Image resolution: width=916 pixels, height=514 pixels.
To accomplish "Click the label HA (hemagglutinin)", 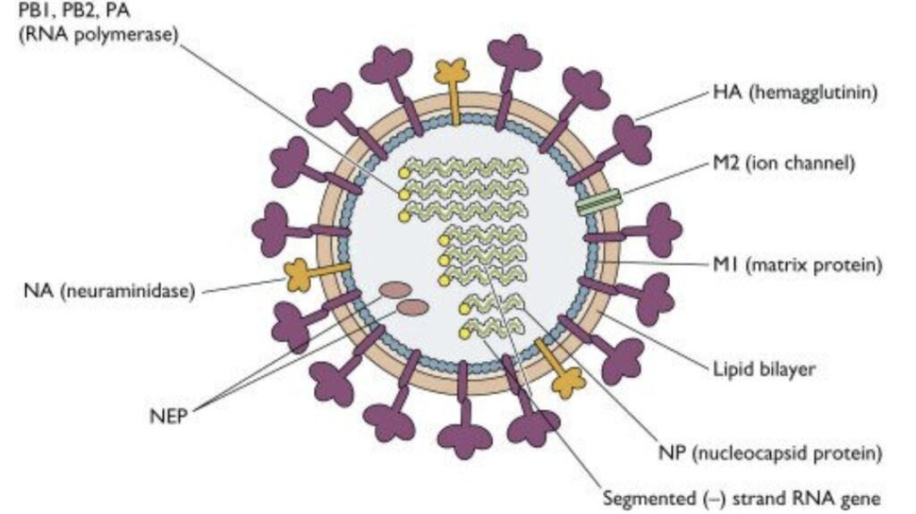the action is pyautogui.click(x=795, y=92).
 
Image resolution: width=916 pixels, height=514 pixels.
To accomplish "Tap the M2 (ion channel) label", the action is pyautogui.click(x=784, y=163).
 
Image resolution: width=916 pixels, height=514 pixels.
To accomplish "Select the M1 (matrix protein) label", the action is pyautogui.click(x=797, y=265).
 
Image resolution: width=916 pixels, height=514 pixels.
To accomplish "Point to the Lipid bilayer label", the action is pyautogui.click(x=764, y=369).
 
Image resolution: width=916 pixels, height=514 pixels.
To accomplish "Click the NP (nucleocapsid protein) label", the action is pyautogui.click(x=770, y=452).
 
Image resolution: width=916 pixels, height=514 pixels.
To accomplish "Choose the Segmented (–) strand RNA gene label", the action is pyautogui.click(x=742, y=499).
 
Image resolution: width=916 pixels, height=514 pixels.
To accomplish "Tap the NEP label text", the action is pyautogui.click(x=168, y=416).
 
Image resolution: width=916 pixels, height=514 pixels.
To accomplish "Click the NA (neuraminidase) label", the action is pyautogui.click(x=109, y=291).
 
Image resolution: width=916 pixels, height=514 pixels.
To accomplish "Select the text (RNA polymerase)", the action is pyautogui.click(x=98, y=35).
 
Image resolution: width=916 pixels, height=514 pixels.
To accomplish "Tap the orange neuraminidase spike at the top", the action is pyautogui.click(x=452, y=90).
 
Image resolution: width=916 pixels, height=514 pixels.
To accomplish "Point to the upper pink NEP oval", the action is pyautogui.click(x=395, y=289).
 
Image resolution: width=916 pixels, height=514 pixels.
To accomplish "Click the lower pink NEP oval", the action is pyautogui.click(x=412, y=307).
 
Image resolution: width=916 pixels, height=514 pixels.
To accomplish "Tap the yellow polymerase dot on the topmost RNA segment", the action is pyautogui.click(x=404, y=173).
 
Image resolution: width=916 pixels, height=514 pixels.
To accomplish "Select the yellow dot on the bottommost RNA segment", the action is pyautogui.click(x=465, y=334).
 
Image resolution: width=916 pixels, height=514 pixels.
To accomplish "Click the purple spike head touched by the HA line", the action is pyautogui.click(x=632, y=140).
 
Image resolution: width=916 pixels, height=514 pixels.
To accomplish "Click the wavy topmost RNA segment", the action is pyautogui.click(x=465, y=168).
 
